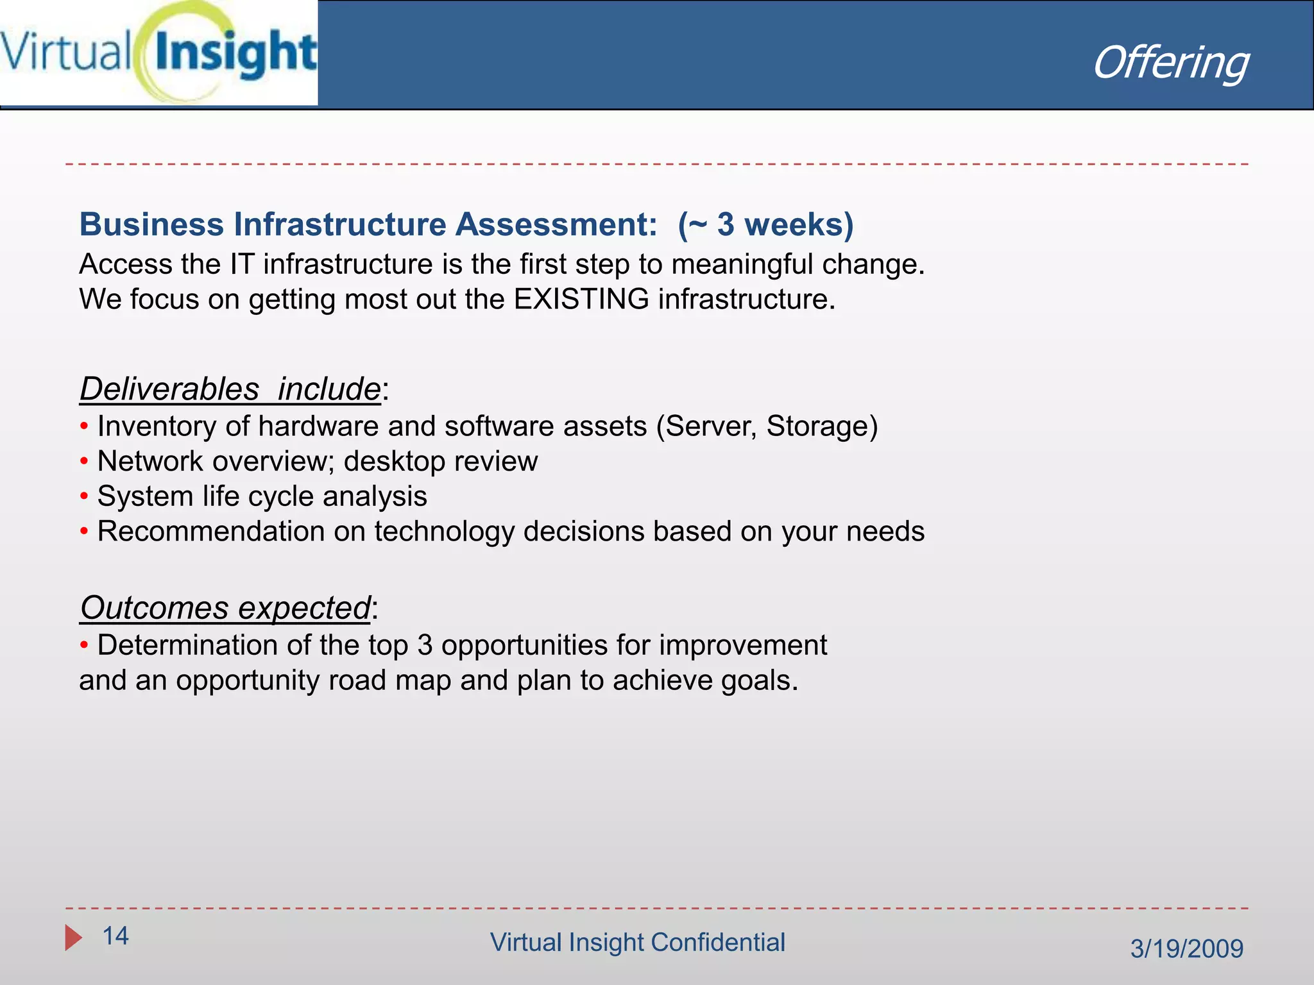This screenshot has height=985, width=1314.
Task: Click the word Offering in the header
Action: coord(1170,63)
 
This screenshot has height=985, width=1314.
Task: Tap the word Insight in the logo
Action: coord(235,54)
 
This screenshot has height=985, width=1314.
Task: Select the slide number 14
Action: coord(115,936)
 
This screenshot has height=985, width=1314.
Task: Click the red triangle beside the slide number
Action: coord(73,938)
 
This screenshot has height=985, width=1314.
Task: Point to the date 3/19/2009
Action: coord(1186,948)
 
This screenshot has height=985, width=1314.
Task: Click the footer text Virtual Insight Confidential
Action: coord(637,943)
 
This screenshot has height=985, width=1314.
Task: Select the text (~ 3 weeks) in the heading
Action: coord(765,224)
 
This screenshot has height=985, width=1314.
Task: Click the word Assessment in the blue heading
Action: coord(556,224)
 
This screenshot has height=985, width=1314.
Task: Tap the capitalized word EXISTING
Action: coord(581,299)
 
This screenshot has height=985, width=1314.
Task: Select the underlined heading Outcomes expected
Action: coord(226,608)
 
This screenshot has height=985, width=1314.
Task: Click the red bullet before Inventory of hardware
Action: coord(84,426)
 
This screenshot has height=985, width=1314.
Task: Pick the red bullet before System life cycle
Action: coord(84,496)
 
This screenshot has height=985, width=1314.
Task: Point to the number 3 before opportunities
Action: coord(425,645)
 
